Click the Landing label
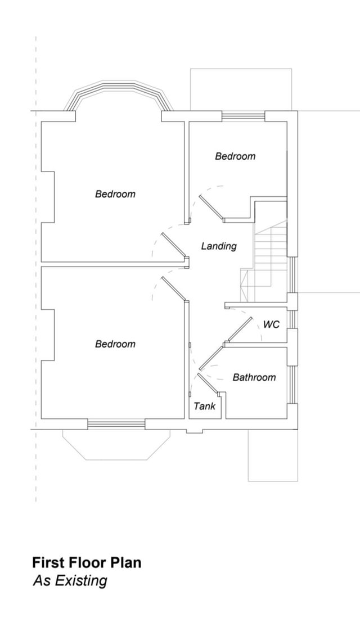(218, 246)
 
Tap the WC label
(271, 324)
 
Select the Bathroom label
(254, 377)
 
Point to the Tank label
(204, 406)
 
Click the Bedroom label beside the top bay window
(115, 194)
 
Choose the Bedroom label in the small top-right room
(235, 156)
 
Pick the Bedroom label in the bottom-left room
(115, 344)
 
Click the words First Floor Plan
(87, 563)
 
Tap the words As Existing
(70, 581)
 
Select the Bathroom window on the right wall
(294, 384)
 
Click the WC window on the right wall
(293, 319)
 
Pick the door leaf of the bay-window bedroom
(174, 245)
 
